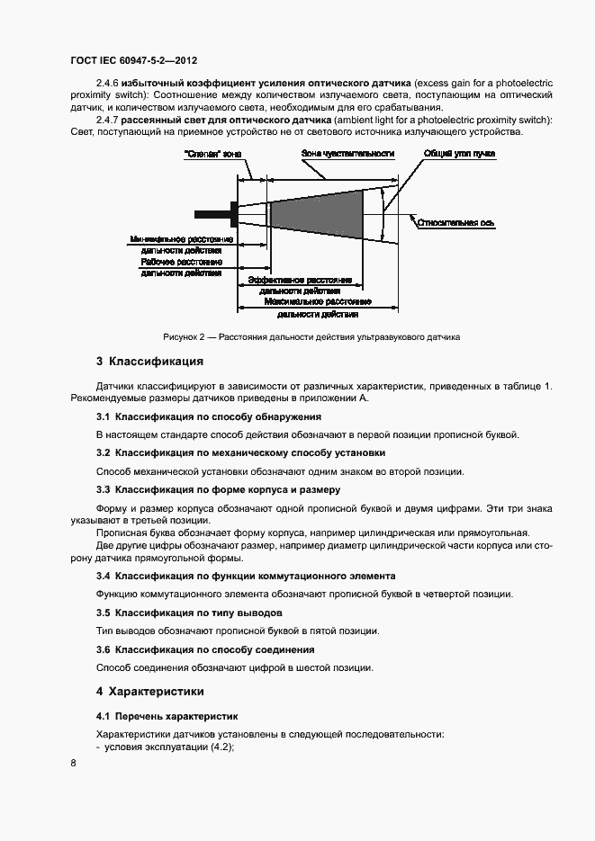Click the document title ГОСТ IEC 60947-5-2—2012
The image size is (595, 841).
pos(133,61)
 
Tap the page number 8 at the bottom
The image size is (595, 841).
pos(73,763)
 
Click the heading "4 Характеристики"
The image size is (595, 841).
pos(149,692)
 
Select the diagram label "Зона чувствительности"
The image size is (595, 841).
pos(347,153)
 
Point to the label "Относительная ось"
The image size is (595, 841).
pos(455,220)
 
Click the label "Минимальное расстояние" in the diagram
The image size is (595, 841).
pos(183,239)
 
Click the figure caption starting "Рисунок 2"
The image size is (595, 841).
pos(311,337)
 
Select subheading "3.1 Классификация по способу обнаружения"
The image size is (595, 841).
pos(208,417)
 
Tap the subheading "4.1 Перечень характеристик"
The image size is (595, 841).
pos(167,717)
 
